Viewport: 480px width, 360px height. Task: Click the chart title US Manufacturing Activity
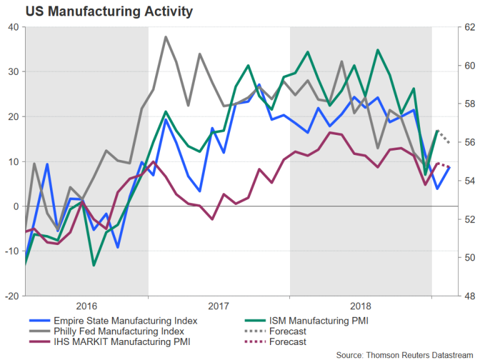pos(100,11)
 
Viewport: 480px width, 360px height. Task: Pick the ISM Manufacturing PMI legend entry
pos(319,321)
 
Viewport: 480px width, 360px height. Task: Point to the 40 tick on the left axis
pos(13,27)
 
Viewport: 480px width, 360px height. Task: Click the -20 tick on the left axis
pos(11,296)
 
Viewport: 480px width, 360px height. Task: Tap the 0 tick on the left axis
pos(16,206)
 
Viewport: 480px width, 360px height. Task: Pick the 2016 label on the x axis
pos(86,306)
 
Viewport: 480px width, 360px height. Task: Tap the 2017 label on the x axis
pos(219,306)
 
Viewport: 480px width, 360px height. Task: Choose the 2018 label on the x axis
pos(361,306)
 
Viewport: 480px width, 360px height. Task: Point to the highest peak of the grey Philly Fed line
pos(166,37)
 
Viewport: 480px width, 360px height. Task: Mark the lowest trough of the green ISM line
pos(94,266)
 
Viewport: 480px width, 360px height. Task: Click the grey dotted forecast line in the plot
pos(443,137)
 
